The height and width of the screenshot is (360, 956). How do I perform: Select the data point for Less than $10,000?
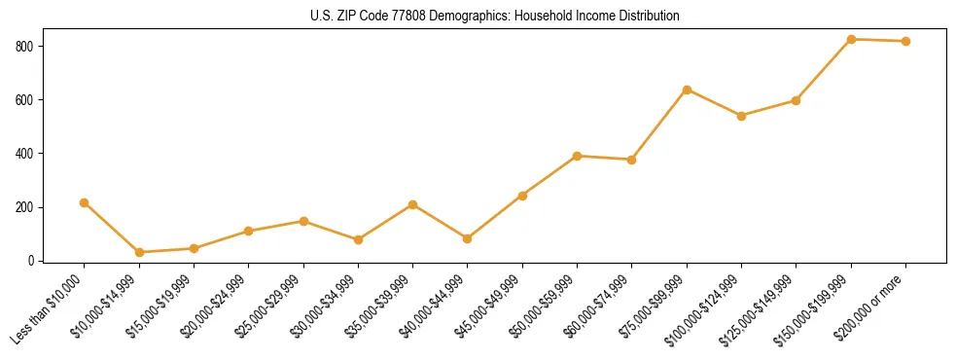85,202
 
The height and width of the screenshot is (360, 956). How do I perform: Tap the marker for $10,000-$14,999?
139,252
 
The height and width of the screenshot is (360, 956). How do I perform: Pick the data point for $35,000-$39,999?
413,204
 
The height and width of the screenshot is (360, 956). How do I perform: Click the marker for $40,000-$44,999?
468,238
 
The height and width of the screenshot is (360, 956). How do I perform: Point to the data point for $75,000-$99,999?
688,90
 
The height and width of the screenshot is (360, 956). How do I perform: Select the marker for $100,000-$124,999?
742,116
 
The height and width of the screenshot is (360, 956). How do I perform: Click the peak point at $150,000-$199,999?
852,39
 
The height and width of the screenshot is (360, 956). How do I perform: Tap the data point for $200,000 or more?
906,41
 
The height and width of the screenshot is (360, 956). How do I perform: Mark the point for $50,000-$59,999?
578,156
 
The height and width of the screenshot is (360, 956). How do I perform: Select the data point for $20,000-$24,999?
249,231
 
